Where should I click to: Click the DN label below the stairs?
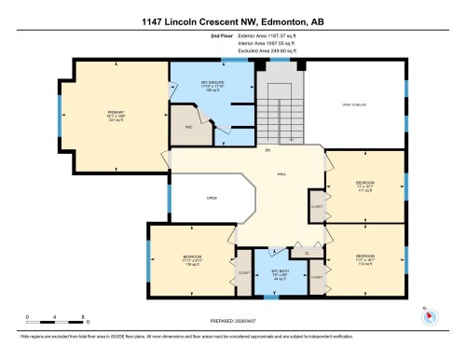267,151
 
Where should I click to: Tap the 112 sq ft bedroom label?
364,256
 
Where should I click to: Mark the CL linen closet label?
307,252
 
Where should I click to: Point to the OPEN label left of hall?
212,198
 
